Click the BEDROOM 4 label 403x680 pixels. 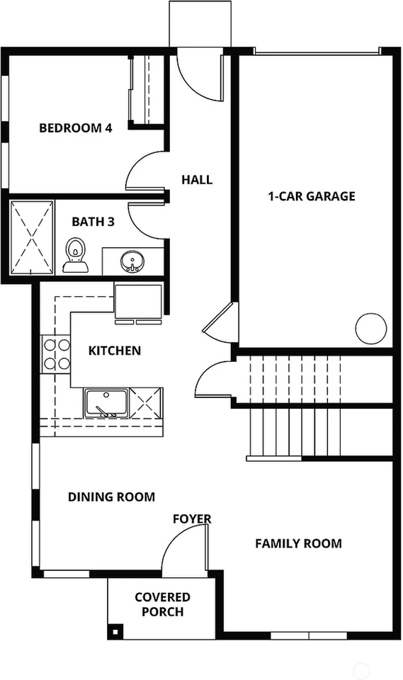76,128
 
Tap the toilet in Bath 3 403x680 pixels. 76,255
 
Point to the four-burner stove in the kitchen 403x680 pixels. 55,354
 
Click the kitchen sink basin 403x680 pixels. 106,403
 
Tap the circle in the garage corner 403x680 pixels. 371,328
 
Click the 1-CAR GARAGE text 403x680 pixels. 312,196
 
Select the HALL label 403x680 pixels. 197,179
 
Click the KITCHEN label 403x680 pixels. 115,351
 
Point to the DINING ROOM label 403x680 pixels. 111,497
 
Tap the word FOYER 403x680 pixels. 192,519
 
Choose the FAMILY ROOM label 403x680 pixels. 298,543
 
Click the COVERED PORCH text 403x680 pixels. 163,604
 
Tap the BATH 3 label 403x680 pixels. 93,222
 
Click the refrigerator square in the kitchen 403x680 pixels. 138,301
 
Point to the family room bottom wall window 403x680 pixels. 309,636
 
